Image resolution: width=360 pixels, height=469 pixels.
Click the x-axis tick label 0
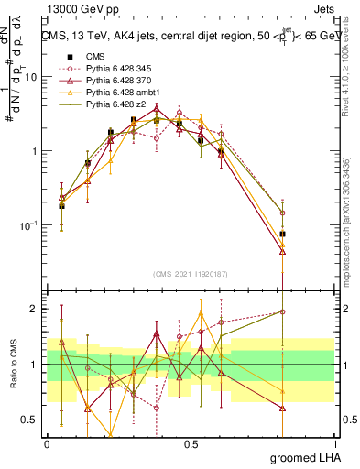47,443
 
